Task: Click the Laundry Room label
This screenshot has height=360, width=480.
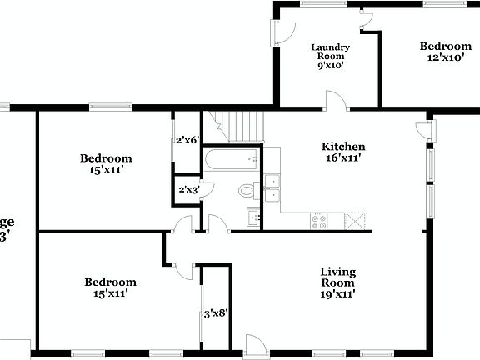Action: pos(331,52)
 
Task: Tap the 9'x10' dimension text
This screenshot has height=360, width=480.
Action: pos(331,64)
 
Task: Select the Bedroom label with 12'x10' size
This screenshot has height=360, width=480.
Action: pos(445,47)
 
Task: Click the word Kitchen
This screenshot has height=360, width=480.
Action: pos(343,147)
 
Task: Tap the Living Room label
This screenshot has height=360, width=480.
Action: pos(338,277)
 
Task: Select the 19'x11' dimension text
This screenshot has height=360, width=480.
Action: pos(338,293)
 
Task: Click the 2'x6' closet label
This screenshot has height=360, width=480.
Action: pos(187,140)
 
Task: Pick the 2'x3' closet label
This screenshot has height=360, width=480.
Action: pos(188,190)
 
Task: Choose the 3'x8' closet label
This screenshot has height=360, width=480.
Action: pos(216,314)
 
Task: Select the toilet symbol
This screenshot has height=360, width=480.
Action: pos(247,191)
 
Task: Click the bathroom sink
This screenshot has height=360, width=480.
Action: pos(254,219)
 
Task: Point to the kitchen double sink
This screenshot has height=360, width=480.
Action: pos(272,189)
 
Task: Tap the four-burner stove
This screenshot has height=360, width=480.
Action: pos(319,221)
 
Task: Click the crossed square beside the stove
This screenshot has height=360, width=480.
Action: pos(355,221)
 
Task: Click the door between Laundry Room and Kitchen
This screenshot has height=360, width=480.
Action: pos(337,102)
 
